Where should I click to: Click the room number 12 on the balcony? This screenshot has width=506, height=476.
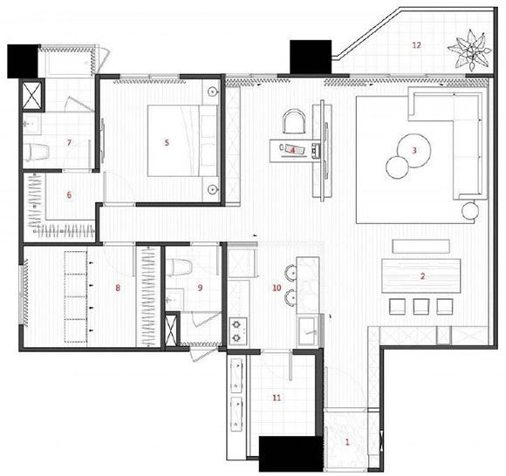tap(417, 45)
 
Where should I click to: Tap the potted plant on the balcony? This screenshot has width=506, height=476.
tap(470, 51)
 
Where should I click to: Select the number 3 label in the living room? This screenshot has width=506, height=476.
tap(414, 150)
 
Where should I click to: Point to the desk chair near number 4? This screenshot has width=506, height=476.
tap(294, 121)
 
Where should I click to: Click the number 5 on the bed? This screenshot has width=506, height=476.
tap(167, 143)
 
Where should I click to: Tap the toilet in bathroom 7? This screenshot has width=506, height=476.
tap(37, 152)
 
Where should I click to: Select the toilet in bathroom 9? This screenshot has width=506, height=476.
tap(179, 268)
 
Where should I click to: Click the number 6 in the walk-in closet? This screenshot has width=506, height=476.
tap(69, 195)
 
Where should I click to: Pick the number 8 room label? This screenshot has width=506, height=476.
tap(118, 288)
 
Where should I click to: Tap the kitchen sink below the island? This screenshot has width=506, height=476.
tap(308, 331)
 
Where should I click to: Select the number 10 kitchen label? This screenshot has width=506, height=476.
tap(277, 288)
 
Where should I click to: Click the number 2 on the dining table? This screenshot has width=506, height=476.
tap(422, 276)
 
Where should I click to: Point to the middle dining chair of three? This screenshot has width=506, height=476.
tap(421, 306)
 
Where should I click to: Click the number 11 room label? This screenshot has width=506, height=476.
tap(277, 398)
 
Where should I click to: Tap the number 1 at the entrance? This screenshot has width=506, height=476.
tap(347, 442)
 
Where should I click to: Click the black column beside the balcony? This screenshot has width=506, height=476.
tap(311, 57)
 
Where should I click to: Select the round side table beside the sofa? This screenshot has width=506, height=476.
tap(470, 211)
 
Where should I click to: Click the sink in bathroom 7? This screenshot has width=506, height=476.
tap(31, 124)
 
